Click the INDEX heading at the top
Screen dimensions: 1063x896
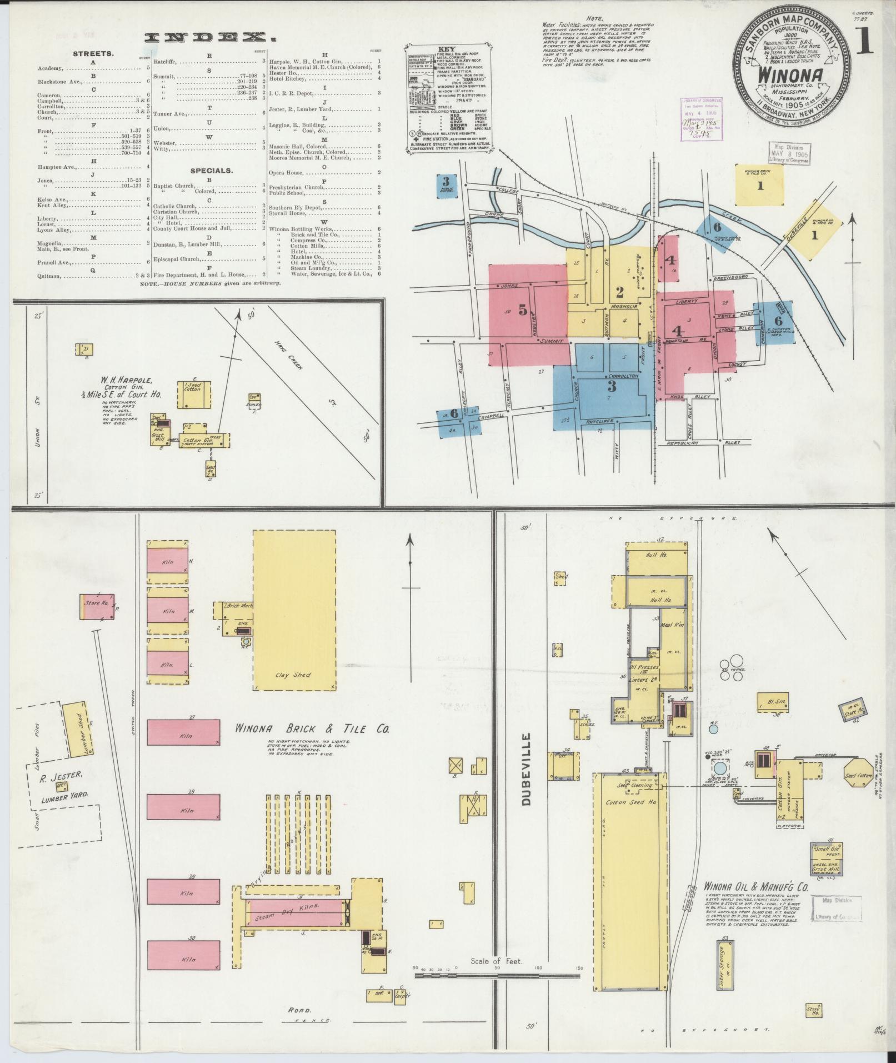click(211, 38)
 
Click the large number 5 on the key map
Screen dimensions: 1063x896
click(523, 310)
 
